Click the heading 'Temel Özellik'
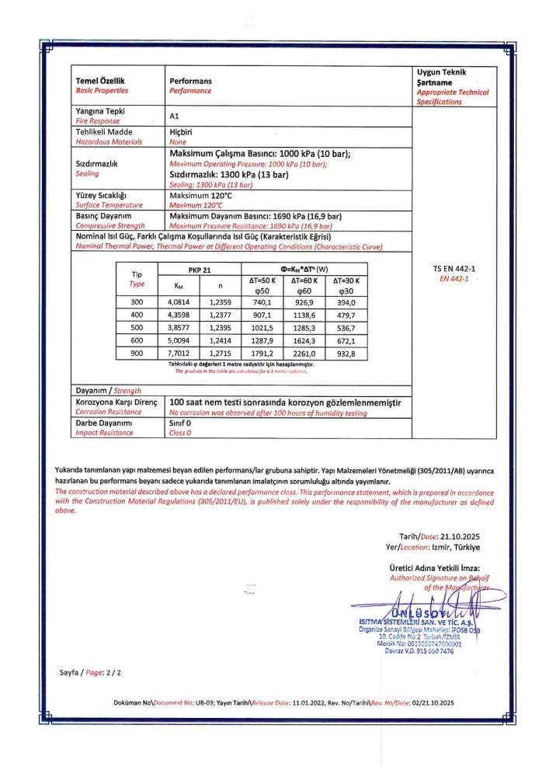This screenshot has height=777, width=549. [100, 81]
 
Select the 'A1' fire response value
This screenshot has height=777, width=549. [174, 116]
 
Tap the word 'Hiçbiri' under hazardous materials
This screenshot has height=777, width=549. [182, 133]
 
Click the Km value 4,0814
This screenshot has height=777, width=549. [179, 302]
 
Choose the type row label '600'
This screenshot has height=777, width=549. [137, 340]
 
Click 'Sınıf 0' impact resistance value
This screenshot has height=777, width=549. [181, 423]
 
